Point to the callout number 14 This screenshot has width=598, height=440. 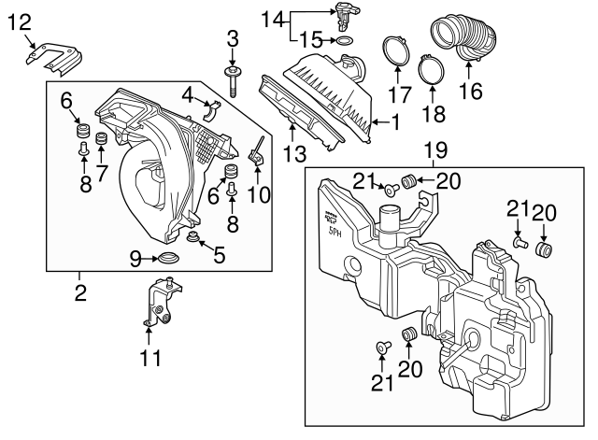tap(271, 18)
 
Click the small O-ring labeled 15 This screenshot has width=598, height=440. tap(344, 41)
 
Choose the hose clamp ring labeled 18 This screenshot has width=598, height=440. tap(432, 68)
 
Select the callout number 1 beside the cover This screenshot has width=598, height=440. tap(395, 121)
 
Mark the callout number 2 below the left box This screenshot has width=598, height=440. tap(80, 292)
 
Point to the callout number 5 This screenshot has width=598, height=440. tap(219, 254)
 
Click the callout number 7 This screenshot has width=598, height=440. tap(102, 173)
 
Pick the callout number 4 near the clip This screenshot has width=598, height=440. tap(188, 93)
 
